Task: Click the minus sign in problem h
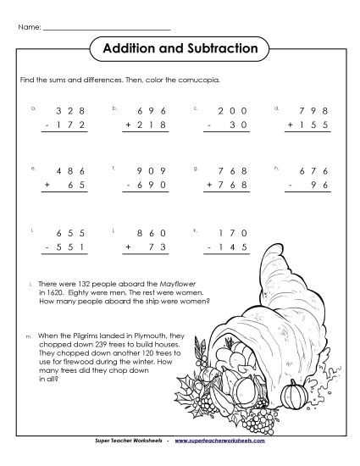pyautogui.click(x=290, y=186)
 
